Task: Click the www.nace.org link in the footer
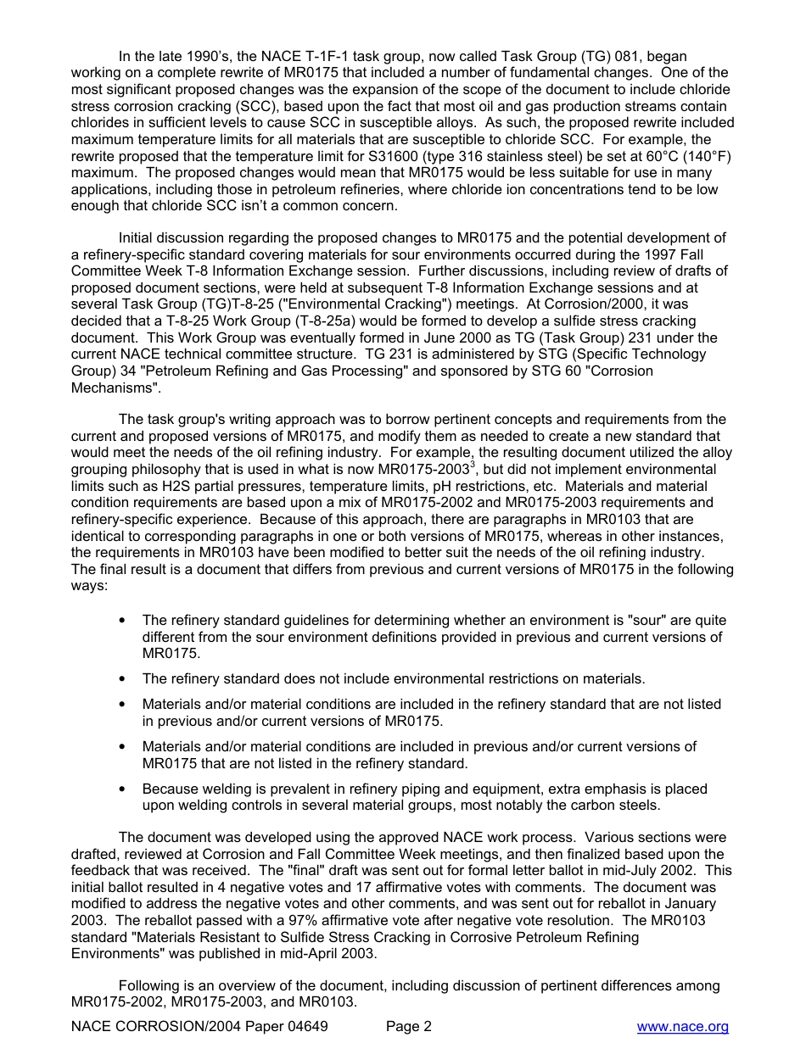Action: tap(682, 1027)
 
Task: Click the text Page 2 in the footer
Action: tap(409, 1027)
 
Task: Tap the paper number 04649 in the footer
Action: tap(305, 1027)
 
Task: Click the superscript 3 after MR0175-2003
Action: tap(473, 465)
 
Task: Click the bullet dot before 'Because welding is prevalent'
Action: tap(124, 789)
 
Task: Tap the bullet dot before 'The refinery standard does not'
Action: tap(124, 679)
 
